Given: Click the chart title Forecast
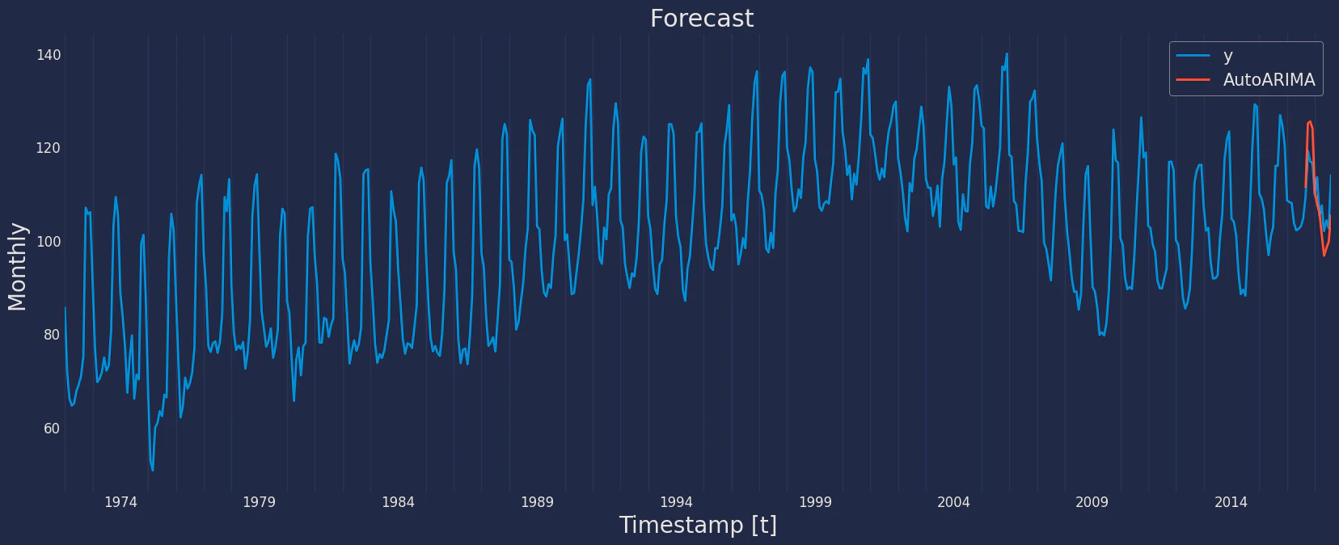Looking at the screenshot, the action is click(x=702, y=19).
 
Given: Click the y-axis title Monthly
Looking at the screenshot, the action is click(x=17, y=267).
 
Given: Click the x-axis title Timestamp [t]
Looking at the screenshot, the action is click(x=698, y=526).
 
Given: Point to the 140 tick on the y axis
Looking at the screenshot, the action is click(x=49, y=55).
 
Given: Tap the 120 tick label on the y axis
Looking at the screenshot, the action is click(x=49, y=148).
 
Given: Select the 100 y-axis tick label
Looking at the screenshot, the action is click(x=49, y=242).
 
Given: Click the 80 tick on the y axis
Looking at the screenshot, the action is click(x=52, y=335).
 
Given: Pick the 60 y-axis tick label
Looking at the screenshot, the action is click(x=52, y=429).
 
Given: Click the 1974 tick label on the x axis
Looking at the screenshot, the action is click(x=120, y=502).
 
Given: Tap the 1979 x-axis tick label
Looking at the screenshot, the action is click(x=260, y=502).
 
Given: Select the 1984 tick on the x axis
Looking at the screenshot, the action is click(x=398, y=502).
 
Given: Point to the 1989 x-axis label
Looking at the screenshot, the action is click(x=538, y=502).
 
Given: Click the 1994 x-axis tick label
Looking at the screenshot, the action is click(x=676, y=502).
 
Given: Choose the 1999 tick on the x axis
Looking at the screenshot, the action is click(x=815, y=502).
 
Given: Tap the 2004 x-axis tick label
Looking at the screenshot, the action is click(x=953, y=502).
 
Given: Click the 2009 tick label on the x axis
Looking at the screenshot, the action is click(x=1092, y=502).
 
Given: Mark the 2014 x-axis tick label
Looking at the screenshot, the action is click(x=1231, y=502).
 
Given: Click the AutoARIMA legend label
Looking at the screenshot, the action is click(x=1269, y=80).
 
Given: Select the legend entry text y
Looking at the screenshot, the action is click(x=1227, y=56).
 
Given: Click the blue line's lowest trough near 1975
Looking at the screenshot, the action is click(x=153, y=471).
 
